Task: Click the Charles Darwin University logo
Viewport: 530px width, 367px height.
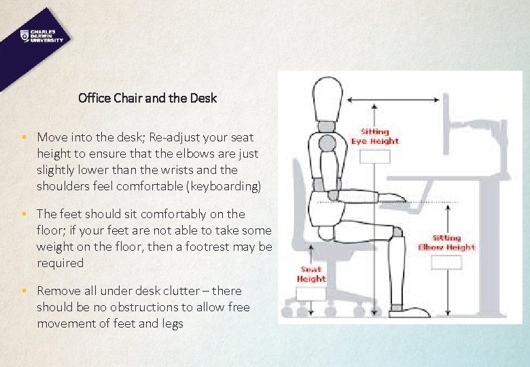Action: point(41,36)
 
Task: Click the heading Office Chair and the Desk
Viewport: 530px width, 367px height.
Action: point(147,98)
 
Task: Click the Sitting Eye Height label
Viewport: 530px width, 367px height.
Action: point(374,136)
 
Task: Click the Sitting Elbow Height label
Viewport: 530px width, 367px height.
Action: point(446,243)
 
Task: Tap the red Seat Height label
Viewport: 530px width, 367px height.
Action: point(311,274)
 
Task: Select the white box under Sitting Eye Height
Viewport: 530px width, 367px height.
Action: point(374,156)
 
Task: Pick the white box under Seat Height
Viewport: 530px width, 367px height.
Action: point(311,293)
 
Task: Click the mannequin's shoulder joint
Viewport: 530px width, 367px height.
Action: point(328,143)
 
